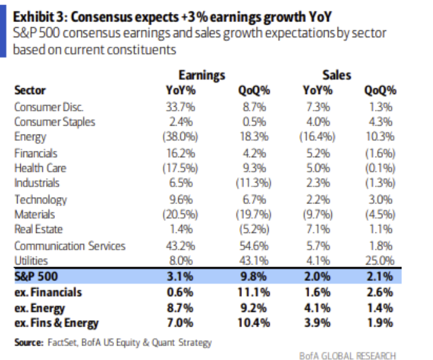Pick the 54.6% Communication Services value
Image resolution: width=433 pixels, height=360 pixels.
click(255, 245)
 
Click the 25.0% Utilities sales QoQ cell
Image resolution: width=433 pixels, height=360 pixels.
click(379, 260)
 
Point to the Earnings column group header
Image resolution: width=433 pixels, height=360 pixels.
click(202, 76)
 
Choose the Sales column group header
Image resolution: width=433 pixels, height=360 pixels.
click(337, 76)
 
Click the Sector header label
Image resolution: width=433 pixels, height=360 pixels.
click(30, 91)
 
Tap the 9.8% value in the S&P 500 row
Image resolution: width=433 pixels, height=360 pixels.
click(255, 276)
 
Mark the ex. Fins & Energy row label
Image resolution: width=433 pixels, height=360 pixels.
click(56, 323)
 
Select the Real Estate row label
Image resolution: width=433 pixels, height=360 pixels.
click(39, 229)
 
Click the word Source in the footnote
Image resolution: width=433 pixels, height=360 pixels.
click(28, 342)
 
